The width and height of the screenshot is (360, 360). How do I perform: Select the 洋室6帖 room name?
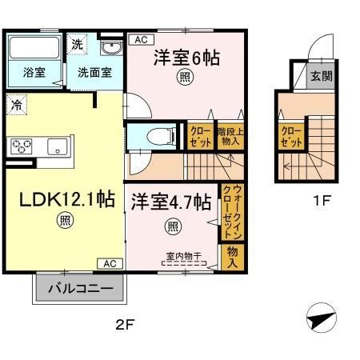pos(186,58)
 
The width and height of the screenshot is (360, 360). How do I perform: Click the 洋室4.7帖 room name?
pos(170,202)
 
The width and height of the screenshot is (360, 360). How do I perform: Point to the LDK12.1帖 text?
pos(61,200)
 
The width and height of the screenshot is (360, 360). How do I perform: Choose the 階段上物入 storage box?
pos(222,135)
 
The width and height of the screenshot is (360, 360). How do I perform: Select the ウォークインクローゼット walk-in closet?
pos(230,211)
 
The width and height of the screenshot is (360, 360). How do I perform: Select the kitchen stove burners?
pos(21,146)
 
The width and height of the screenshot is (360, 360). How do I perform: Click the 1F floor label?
pos(321,200)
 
